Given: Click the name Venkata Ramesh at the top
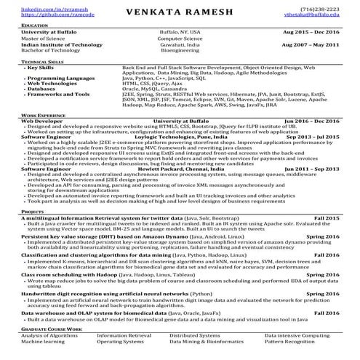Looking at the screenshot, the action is pos(180,12).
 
